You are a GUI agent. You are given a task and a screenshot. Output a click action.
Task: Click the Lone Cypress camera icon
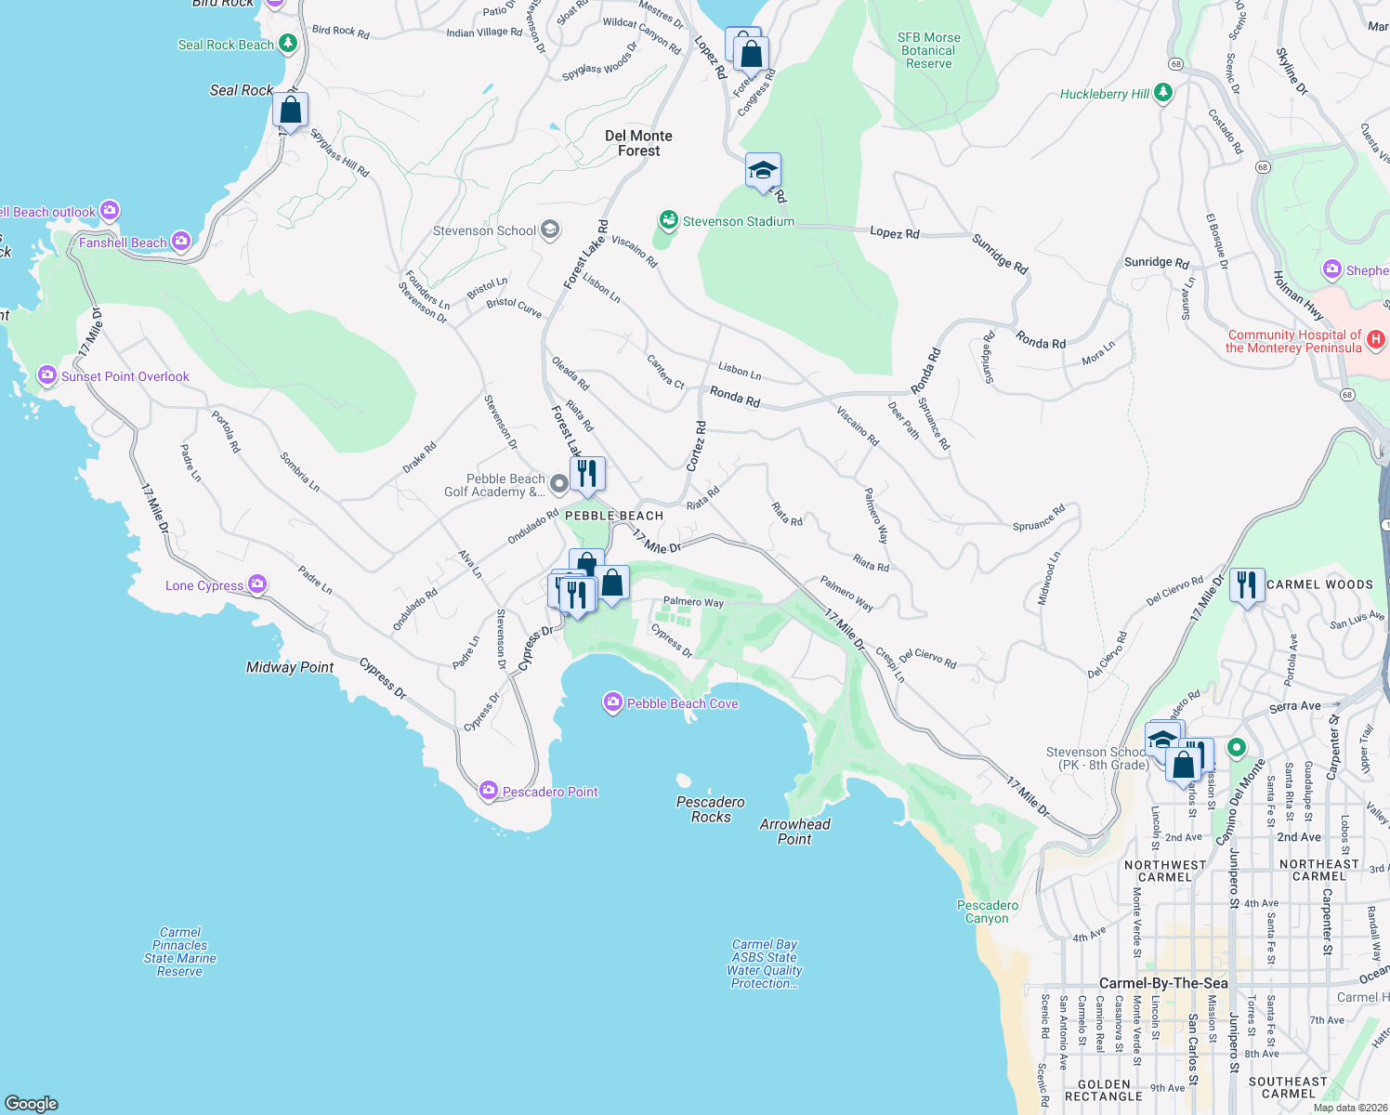pyautogui.click(x=257, y=584)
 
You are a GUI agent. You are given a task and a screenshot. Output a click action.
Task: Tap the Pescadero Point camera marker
pyautogui.click(x=489, y=791)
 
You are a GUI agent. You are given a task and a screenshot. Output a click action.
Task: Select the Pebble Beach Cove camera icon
pyautogui.click(x=612, y=702)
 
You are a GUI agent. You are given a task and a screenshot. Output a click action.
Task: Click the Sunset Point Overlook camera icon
pyautogui.click(x=47, y=375)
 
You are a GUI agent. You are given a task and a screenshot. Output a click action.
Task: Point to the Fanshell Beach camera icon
pyautogui.click(x=180, y=242)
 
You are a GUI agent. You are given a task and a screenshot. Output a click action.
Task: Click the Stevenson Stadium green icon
pyautogui.click(x=668, y=220)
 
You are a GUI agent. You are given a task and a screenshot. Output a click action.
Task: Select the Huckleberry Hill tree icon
pyautogui.click(x=1162, y=93)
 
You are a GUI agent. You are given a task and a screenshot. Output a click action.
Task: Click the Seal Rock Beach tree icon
pyautogui.click(x=288, y=44)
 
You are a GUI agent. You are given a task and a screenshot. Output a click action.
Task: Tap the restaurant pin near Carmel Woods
pyautogui.click(x=1246, y=584)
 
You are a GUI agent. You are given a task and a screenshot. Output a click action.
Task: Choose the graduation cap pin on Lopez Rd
pyautogui.click(x=763, y=171)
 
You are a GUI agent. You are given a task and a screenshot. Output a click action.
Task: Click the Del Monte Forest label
pyautogui.click(x=638, y=143)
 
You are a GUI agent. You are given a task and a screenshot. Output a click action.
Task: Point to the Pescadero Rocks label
pyautogui.click(x=711, y=809)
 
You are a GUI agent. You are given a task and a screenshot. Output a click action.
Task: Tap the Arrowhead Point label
pyautogui.click(x=794, y=832)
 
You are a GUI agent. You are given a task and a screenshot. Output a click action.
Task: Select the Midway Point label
pyautogui.click(x=290, y=667)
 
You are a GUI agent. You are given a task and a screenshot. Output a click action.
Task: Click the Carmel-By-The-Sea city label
pyautogui.click(x=1163, y=983)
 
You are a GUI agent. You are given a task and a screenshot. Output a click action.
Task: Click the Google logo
pyautogui.click(x=31, y=1103)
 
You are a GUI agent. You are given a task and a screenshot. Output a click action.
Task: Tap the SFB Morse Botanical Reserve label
pyautogui.click(x=928, y=51)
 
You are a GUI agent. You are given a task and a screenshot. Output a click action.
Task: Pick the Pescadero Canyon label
pyautogui.click(x=987, y=912)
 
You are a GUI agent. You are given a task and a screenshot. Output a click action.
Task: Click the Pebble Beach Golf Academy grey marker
pyautogui.click(x=558, y=483)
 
